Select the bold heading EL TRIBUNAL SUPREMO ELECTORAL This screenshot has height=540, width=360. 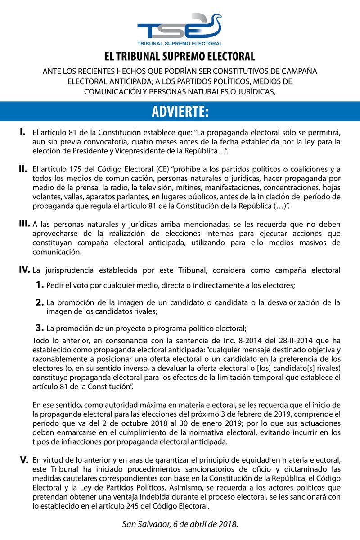click(x=180, y=56)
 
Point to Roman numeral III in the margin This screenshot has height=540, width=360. click(x=24, y=224)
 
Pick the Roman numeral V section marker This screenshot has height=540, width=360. click(x=24, y=460)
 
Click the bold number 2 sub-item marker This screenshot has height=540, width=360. click(x=40, y=302)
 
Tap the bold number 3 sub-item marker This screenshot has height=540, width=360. click(x=40, y=327)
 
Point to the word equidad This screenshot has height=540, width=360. click(x=248, y=460)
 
